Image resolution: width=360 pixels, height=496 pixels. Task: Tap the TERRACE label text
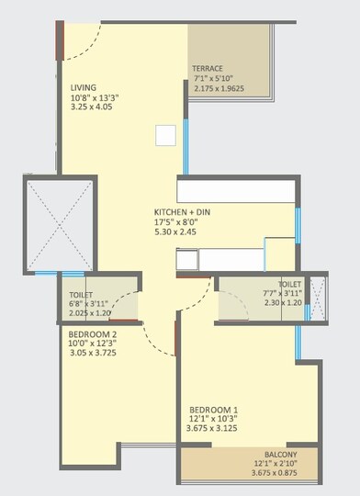click(x=208, y=69)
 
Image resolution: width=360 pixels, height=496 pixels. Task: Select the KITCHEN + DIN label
click(x=185, y=211)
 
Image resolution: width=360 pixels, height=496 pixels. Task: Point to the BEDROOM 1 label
click(x=214, y=409)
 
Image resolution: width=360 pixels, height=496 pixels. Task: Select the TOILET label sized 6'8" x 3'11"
click(x=81, y=283)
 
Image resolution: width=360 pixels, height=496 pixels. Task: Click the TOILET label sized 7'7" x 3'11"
click(x=290, y=285)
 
